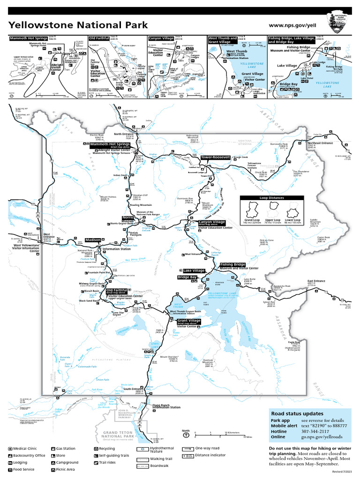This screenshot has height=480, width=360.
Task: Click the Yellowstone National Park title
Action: (x=78, y=25)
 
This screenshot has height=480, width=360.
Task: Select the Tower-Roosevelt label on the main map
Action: (x=215, y=157)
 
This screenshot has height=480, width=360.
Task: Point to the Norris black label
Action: (x=127, y=217)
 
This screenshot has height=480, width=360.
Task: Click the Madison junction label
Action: (x=92, y=240)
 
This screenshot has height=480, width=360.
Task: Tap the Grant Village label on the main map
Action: (x=188, y=321)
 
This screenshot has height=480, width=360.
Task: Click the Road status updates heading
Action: (x=297, y=413)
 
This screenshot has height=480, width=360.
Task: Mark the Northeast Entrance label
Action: (x=320, y=143)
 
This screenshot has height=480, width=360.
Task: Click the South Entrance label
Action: (x=133, y=389)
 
